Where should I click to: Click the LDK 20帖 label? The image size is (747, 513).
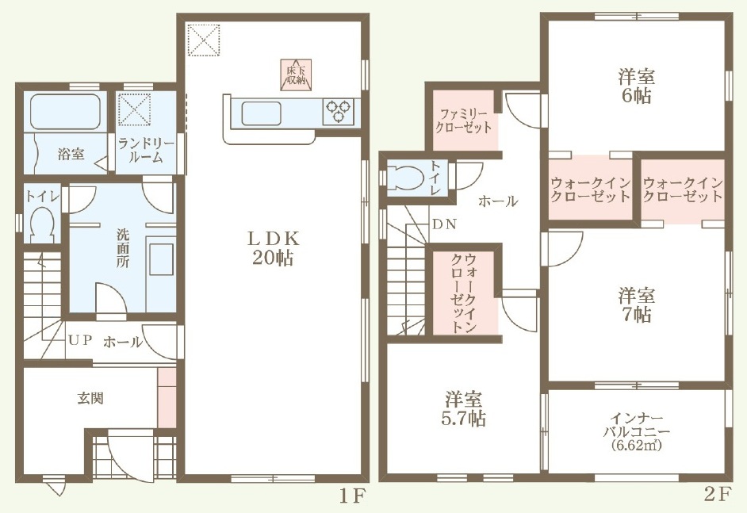coord(273,247)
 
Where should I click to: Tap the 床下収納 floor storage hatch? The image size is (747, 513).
coord(296,75)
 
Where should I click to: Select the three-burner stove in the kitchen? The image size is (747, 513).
coord(339,112)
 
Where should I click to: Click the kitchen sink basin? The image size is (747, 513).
coord(261,114)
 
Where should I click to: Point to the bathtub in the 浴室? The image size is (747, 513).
coord(66,113)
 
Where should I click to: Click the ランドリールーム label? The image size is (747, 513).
coord(146,150)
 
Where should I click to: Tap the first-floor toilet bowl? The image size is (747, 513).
coord(42,224)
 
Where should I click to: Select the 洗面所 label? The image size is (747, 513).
coord(123,247)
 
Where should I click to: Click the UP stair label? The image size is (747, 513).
coord(79,341)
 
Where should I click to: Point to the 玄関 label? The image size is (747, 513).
coord(90,398)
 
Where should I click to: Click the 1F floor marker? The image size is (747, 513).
coord(352,497)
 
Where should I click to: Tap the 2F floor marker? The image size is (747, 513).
coord(717,495)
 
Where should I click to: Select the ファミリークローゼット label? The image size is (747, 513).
coord(464,121)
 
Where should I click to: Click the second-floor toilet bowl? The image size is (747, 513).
coord(405,178)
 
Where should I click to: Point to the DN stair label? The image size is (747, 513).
coord(445,224)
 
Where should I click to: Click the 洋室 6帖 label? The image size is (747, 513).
coord(637,86)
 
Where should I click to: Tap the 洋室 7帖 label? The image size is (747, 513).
coord(637,305)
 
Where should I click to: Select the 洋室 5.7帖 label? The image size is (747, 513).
coord(464,409)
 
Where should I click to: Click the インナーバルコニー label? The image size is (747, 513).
coord(637,432)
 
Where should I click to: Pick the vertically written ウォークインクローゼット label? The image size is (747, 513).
coord(464,293)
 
